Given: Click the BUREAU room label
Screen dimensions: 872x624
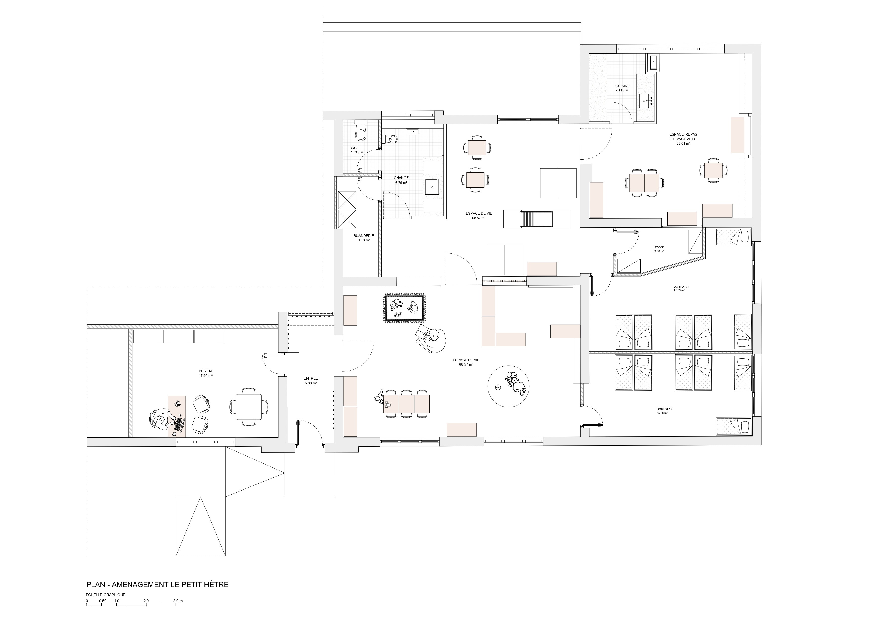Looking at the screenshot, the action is pyautogui.click(x=206, y=371).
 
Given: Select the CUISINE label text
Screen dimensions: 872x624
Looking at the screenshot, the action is pyautogui.click(x=622, y=86).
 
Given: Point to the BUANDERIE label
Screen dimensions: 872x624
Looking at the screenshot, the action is pyautogui.click(x=363, y=236).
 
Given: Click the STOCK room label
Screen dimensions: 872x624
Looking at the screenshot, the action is pyautogui.click(x=659, y=247).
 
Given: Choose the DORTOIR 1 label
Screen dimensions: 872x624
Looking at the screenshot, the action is pyautogui.click(x=681, y=286).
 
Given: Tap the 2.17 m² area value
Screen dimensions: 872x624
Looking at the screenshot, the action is pyautogui.click(x=356, y=153).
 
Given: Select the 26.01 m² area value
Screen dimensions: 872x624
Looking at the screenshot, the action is pyautogui.click(x=683, y=143).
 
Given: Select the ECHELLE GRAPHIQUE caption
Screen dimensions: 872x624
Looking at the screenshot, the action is pyautogui.click(x=106, y=594).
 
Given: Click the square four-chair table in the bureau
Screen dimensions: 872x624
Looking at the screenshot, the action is pyautogui.click(x=249, y=407).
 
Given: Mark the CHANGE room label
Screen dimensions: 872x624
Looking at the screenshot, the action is pyautogui.click(x=401, y=178).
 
